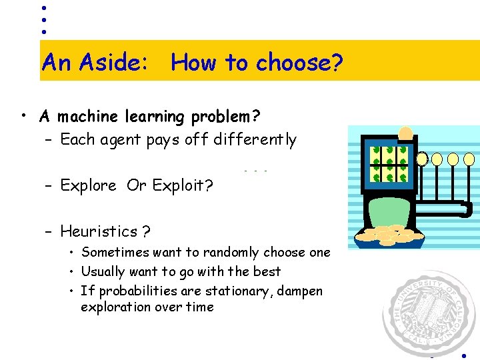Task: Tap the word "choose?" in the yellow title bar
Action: pos(300,63)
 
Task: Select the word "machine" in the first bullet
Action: pos(84,117)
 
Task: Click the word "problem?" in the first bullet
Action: pos(225,117)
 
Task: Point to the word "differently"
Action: pos(255,139)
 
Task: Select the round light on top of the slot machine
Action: pos(405,133)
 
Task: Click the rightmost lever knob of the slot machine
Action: pos(469,159)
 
